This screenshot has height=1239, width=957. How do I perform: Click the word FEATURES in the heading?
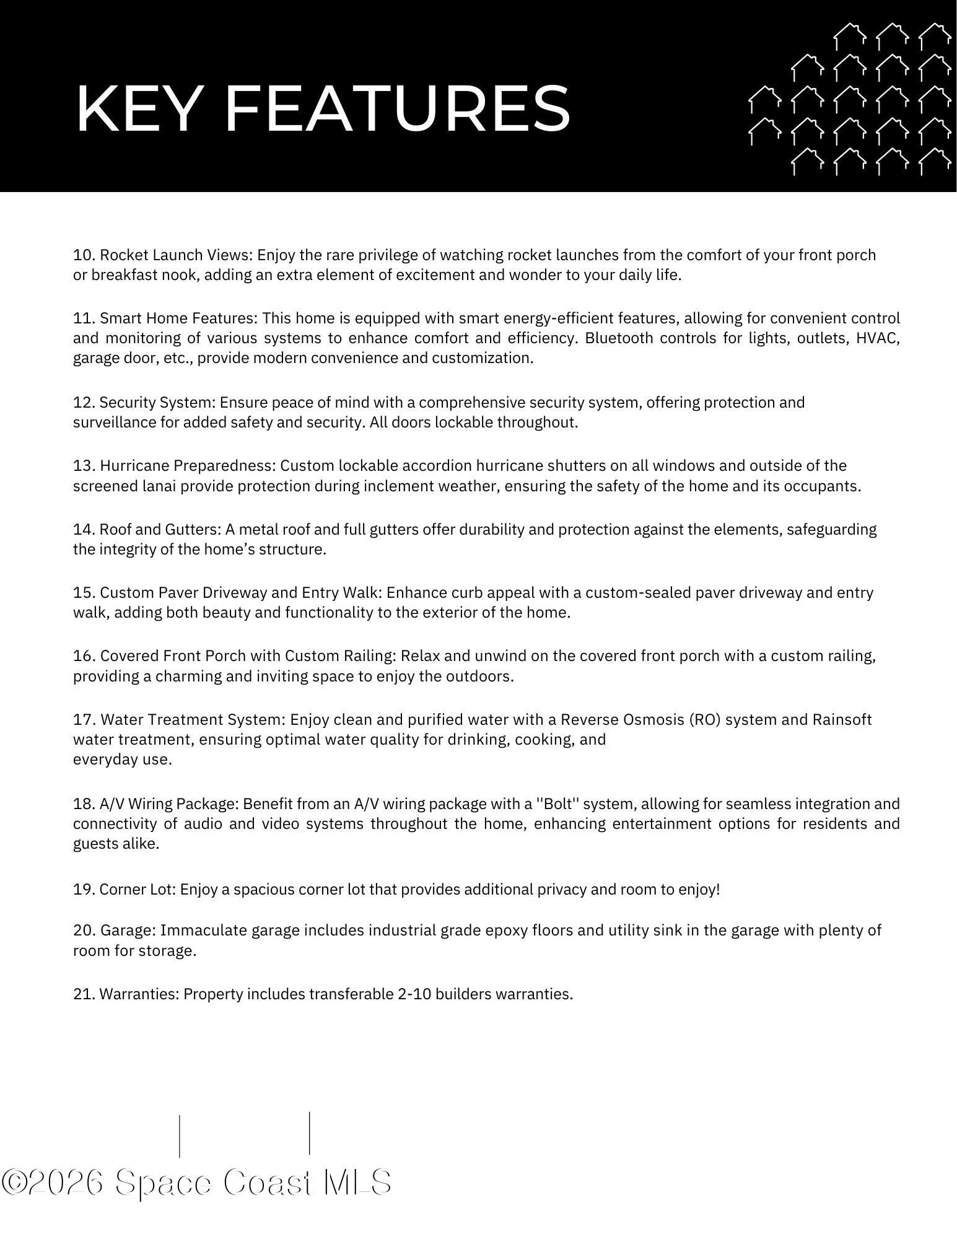point(396,109)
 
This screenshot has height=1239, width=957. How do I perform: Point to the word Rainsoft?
point(842,720)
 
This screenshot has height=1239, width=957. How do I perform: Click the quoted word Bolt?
point(557,804)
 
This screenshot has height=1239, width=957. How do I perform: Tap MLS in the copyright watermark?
point(357,1183)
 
